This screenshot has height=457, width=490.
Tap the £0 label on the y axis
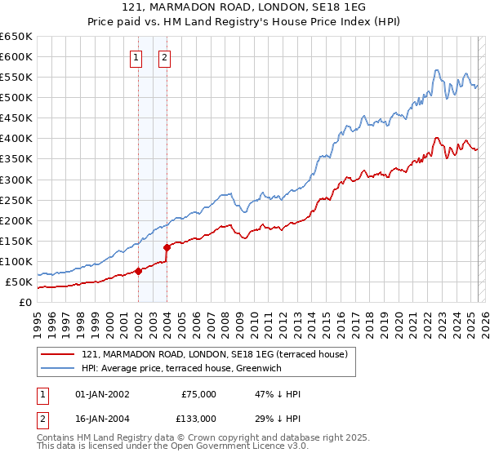click(x=26, y=303)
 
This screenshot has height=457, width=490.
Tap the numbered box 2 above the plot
click(x=165, y=57)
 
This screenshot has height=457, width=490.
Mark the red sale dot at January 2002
click(x=138, y=272)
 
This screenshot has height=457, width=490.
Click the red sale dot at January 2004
click(x=167, y=247)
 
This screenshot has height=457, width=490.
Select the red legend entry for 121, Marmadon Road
click(x=215, y=354)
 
